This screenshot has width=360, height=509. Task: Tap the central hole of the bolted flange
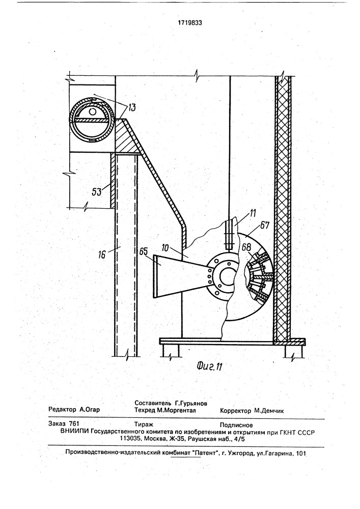[x=224, y=275]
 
